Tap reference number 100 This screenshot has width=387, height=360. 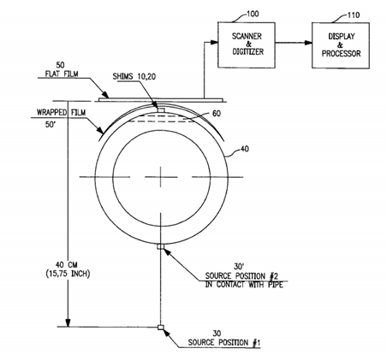[253, 14]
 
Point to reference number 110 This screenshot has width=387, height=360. [354, 15]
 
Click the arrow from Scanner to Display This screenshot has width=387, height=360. [294, 43]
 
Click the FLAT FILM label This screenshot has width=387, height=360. [62, 74]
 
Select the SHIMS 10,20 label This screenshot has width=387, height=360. [134, 76]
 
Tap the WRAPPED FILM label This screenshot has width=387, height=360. [61, 112]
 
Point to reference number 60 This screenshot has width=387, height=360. [217, 114]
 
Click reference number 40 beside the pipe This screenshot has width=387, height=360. [245, 149]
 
